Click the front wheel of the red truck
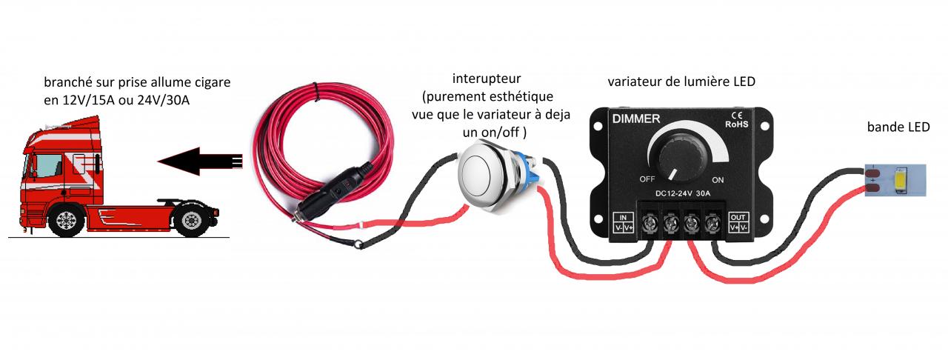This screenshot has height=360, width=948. tap(67, 221)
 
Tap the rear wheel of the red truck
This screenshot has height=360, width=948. tap(191, 221)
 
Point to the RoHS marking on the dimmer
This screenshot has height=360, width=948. tap(738, 124)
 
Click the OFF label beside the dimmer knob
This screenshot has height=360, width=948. tap(647, 179)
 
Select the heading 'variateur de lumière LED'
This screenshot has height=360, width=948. tap(681, 81)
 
